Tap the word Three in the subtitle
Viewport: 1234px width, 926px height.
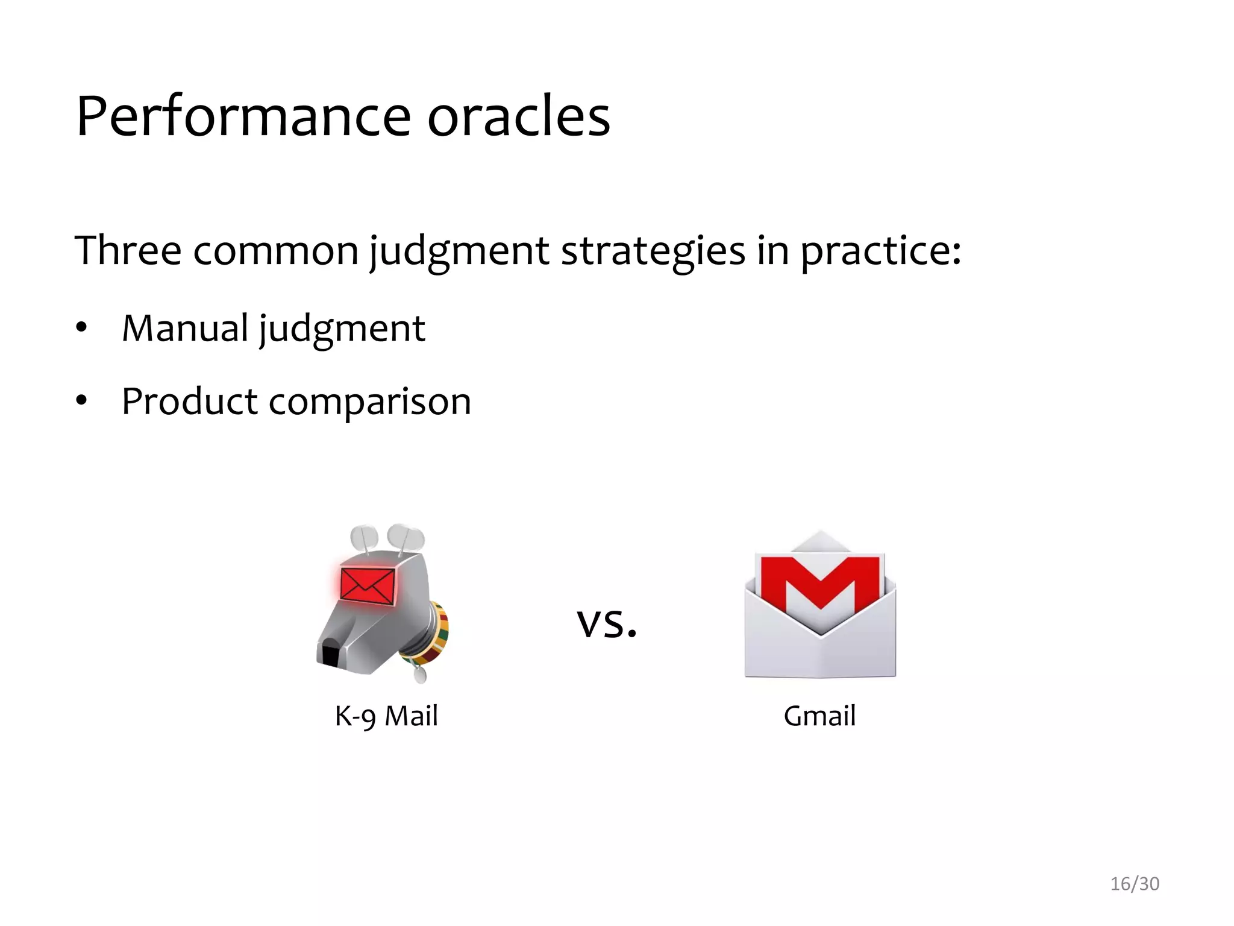click(128, 250)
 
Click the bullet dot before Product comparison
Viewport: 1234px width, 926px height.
click(81, 400)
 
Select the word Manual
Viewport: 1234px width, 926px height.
click(185, 329)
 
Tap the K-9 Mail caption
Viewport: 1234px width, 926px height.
click(386, 716)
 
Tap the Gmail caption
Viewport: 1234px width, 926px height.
click(819, 716)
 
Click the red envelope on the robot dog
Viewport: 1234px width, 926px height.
click(368, 585)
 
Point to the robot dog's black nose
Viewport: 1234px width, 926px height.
click(330, 655)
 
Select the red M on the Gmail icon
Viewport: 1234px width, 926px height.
click(820, 582)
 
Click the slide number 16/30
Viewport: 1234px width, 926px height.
click(1134, 884)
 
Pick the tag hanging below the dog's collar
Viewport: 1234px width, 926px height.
click(420, 674)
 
